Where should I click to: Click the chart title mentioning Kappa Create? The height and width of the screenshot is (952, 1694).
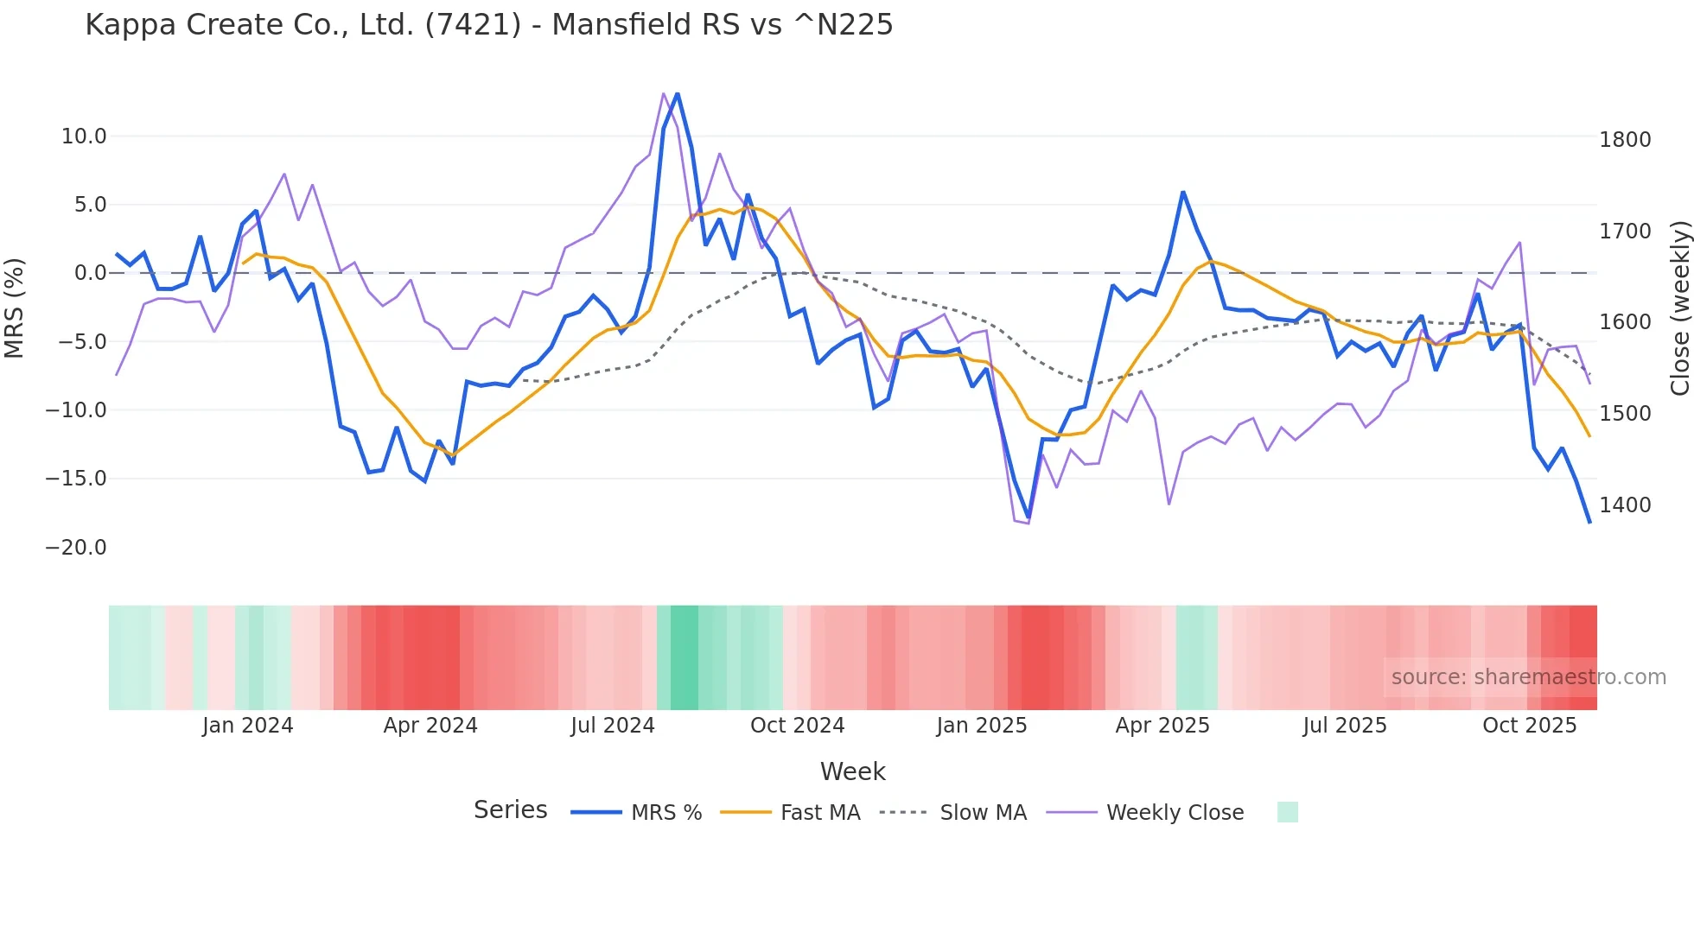click(x=488, y=25)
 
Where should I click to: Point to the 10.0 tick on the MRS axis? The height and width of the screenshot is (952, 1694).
click(x=84, y=136)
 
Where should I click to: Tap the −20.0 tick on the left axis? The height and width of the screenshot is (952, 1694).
click(x=76, y=548)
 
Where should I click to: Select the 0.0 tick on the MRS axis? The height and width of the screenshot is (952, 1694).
click(x=90, y=273)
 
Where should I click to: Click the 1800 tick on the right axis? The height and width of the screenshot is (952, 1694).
click(x=1625, y=140)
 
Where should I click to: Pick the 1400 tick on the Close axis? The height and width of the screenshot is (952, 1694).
click(x=1625, y=505)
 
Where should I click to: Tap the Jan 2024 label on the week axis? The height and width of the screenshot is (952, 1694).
click(x=247, y=726)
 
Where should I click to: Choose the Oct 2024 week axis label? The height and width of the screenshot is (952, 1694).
click(x=797, y=726)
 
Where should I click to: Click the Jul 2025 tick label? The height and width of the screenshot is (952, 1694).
click(x=1344, y=726)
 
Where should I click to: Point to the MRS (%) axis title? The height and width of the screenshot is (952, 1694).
click(x=15, y=308)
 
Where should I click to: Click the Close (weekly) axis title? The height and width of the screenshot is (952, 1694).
click(x=1679, y=308)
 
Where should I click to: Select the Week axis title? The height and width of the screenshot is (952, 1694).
click(x=852, y=771)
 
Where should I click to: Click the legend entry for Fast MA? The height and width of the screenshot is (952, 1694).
click(x=819, y=813)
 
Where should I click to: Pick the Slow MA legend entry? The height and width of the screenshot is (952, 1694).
click(x=983, y=813)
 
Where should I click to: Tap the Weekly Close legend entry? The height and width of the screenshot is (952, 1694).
click(x=1175, y=813)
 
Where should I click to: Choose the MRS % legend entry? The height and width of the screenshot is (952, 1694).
click(x=665, y=813)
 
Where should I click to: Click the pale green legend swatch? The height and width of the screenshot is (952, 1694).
click(x=1287, y=812)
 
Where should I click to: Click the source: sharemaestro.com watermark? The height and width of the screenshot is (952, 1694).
click(x=1528, y=677)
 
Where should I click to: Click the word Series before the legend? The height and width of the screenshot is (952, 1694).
click(x=510, y=810)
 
